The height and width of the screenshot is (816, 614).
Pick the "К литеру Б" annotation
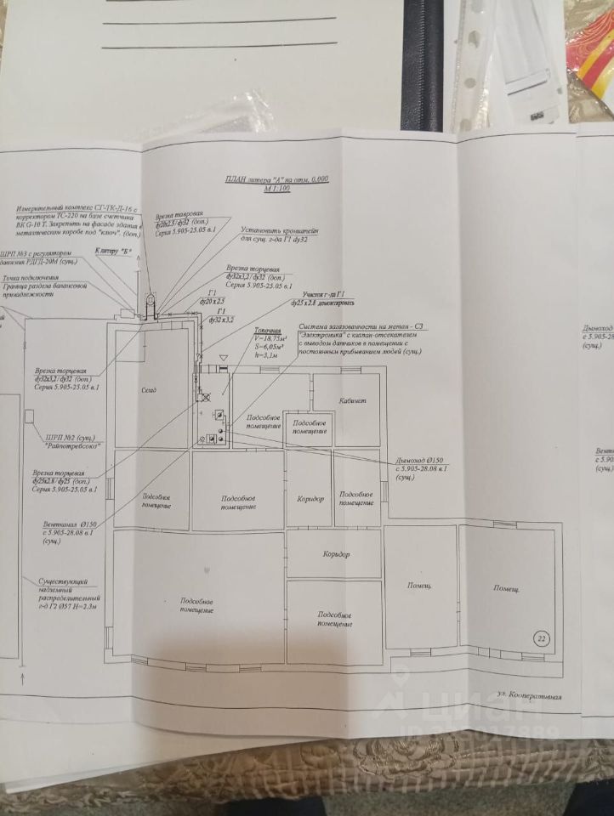coord(116,252)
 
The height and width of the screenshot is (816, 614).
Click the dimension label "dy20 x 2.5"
coord(213,302)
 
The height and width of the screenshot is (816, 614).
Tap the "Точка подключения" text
coord(31,278)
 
